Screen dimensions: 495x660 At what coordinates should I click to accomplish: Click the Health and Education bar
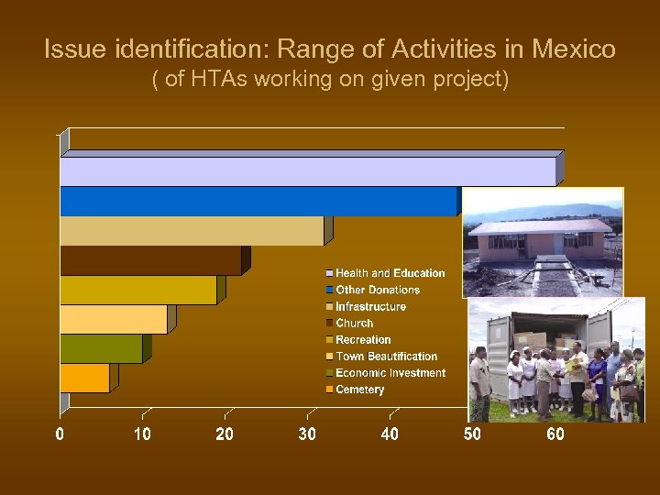coord(307,171)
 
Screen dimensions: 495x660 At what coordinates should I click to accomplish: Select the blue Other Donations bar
coord(258,202)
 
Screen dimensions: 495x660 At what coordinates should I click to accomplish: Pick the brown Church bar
coord(150,260)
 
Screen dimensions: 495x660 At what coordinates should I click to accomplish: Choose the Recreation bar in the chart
coord(137,290)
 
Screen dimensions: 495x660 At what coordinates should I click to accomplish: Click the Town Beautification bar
coord(113,319)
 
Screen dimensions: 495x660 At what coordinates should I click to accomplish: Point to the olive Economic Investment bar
coord(101,348)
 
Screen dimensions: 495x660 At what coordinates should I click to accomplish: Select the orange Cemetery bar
coord(84,378)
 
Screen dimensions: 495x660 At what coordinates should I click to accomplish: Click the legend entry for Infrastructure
coord(370,307)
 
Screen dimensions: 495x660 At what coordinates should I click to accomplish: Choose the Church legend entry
coord(354,324)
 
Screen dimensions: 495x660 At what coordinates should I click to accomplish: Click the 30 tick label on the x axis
coord(307,434)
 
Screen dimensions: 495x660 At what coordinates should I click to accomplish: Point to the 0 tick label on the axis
coord(60,434)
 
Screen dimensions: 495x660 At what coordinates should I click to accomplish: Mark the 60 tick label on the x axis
coord(555,434)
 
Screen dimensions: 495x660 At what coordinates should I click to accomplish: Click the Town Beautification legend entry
coord(386,357)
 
